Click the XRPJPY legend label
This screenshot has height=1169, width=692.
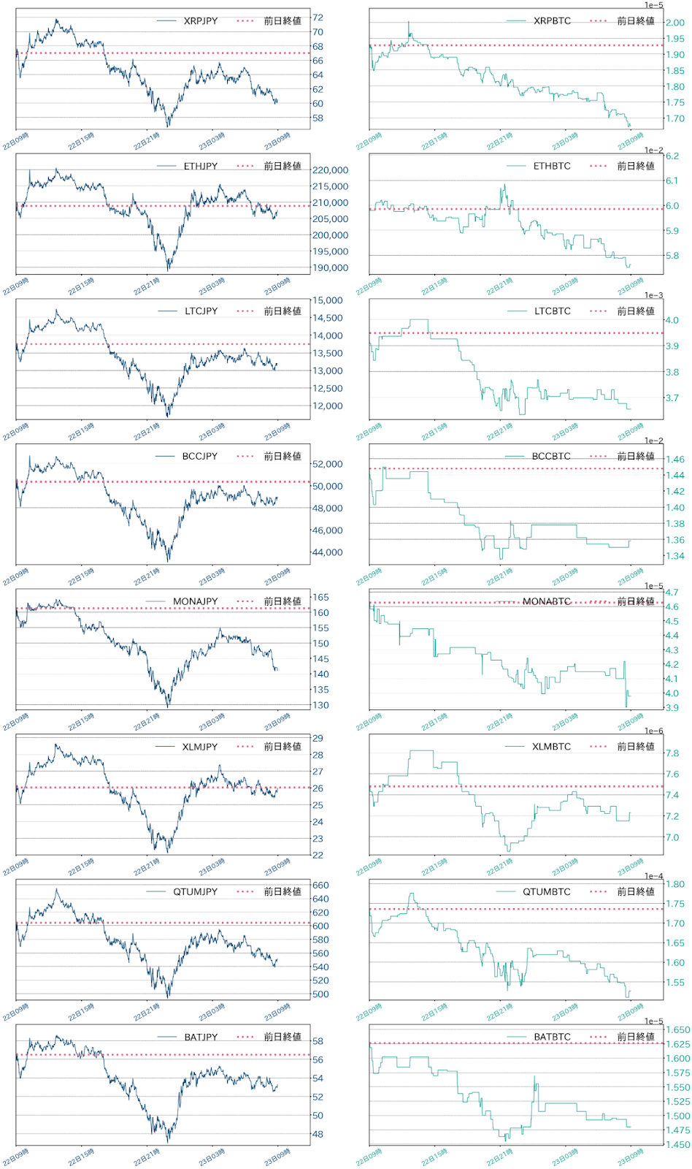click(200, 21)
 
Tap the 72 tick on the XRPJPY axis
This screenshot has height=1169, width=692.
click(318, 18)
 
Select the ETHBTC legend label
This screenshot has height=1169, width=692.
click(552, 167)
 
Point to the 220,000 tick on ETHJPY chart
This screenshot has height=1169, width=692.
click(330, 170)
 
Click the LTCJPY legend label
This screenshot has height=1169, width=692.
click(201, 311)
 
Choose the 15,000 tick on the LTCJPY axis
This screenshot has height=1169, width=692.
click(327, 300)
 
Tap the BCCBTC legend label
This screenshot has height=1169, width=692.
click(551, 457)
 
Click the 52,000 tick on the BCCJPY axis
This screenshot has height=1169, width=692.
click(327, 464)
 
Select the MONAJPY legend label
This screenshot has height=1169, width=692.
click(195, 601)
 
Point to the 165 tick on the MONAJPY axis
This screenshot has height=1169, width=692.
click(320, 598)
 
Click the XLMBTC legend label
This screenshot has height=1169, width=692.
click(551, 747)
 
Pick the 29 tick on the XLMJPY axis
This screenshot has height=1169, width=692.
click(318, 739)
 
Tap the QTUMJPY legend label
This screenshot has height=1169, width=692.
click(195, 892)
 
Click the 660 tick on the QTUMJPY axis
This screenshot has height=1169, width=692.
click(320, 886)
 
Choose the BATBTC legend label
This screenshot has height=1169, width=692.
click(552, 1037)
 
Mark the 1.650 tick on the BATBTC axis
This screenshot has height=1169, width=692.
click(677, 1030)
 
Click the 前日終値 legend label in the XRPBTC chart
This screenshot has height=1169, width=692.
click(635, 21)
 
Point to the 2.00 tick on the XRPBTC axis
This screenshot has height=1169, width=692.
click(675, 23)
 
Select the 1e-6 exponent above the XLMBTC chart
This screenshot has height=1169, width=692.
click(653, 731)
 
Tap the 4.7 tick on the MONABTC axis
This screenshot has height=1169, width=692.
click(672, 593)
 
